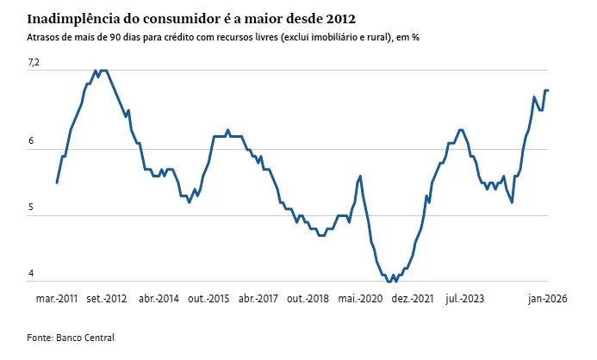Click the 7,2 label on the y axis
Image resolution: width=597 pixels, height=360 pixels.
tap(34, 63)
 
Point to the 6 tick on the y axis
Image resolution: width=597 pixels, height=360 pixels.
tap(31, 141)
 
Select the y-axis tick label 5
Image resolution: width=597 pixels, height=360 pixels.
tap(31, 208)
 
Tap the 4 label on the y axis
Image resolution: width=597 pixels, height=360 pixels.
tap(31, 274)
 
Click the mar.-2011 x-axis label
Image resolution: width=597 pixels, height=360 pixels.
tap(57, 299)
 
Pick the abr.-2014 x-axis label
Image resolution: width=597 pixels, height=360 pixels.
tap(159, 299)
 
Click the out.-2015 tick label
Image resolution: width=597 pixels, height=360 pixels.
tap(208, 299)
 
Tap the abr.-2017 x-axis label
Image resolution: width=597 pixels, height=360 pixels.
tap(258, 299)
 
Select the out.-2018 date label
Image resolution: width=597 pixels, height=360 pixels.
tap(308, 299)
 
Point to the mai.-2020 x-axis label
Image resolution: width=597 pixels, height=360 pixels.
tap(361, 299)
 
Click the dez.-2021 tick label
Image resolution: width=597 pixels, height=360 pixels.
tap(412, 299)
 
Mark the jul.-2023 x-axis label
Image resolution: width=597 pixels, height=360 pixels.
tap(464, 299)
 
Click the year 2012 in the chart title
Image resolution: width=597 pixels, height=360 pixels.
tap(339, 18)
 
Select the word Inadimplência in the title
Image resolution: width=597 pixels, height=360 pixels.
tap(73, 18)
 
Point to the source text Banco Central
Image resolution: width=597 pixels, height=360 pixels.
tap(85, 338)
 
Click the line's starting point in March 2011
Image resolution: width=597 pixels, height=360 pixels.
tap(57, 183)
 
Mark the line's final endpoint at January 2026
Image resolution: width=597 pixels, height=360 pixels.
tap(549, 90)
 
